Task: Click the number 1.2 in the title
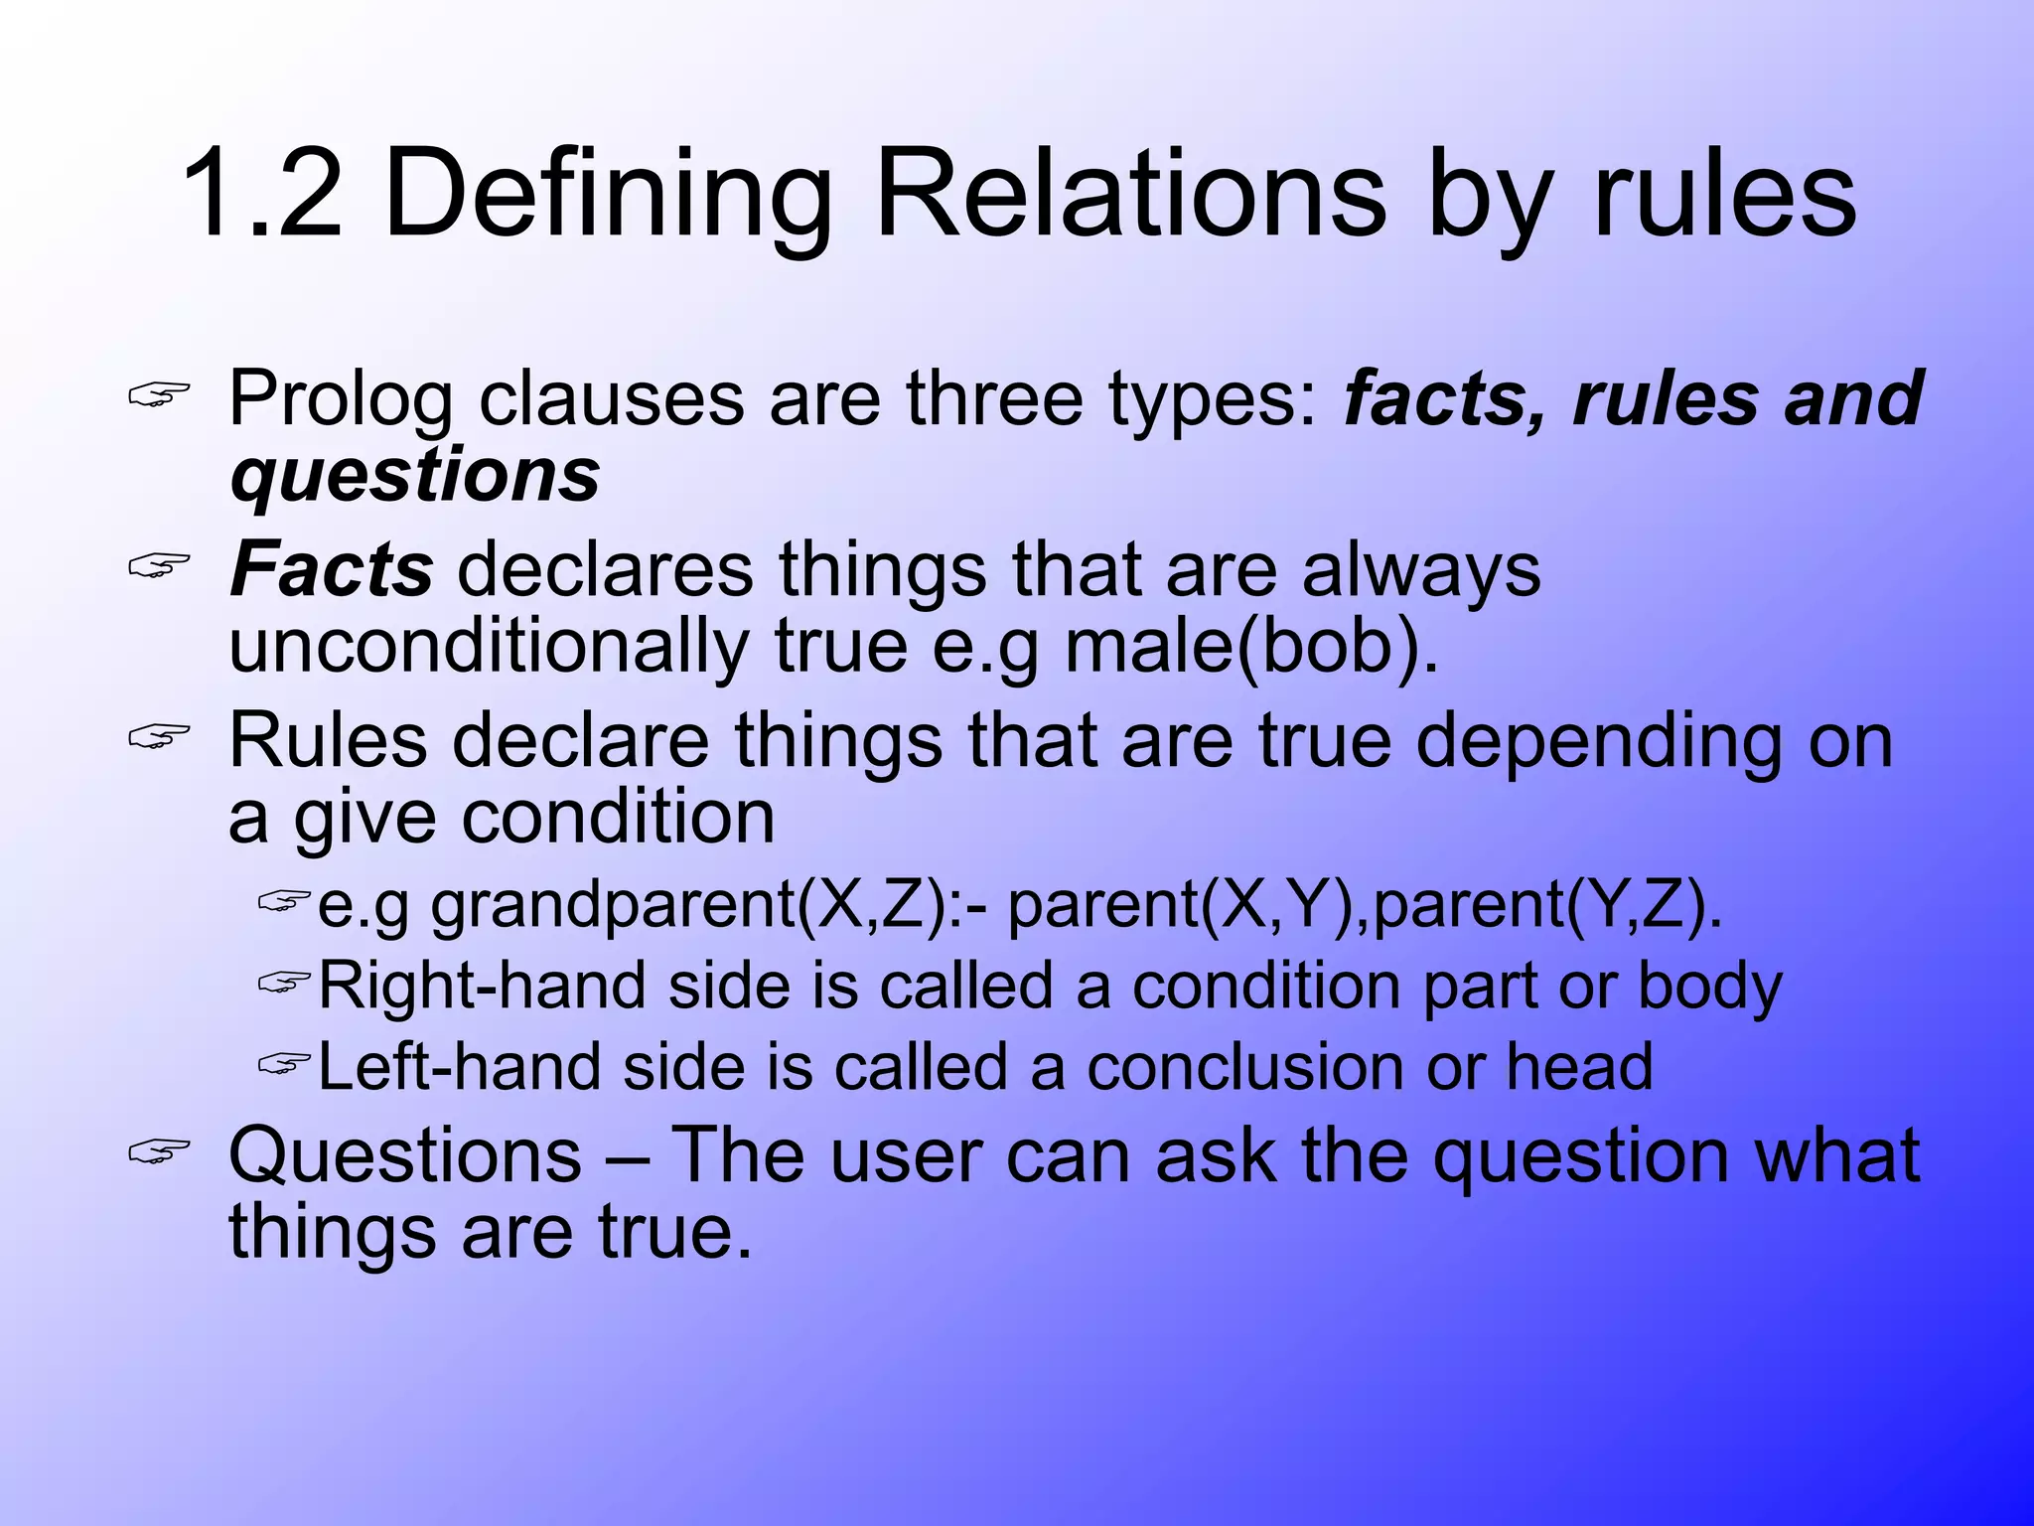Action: pos(261,194)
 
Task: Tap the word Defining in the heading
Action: pos(607,194)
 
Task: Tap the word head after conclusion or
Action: pos(1579,1067)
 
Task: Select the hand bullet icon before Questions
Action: pos(159,1152)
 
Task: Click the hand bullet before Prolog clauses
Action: pos(159,396)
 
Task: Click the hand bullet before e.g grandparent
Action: pos(284,901)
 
